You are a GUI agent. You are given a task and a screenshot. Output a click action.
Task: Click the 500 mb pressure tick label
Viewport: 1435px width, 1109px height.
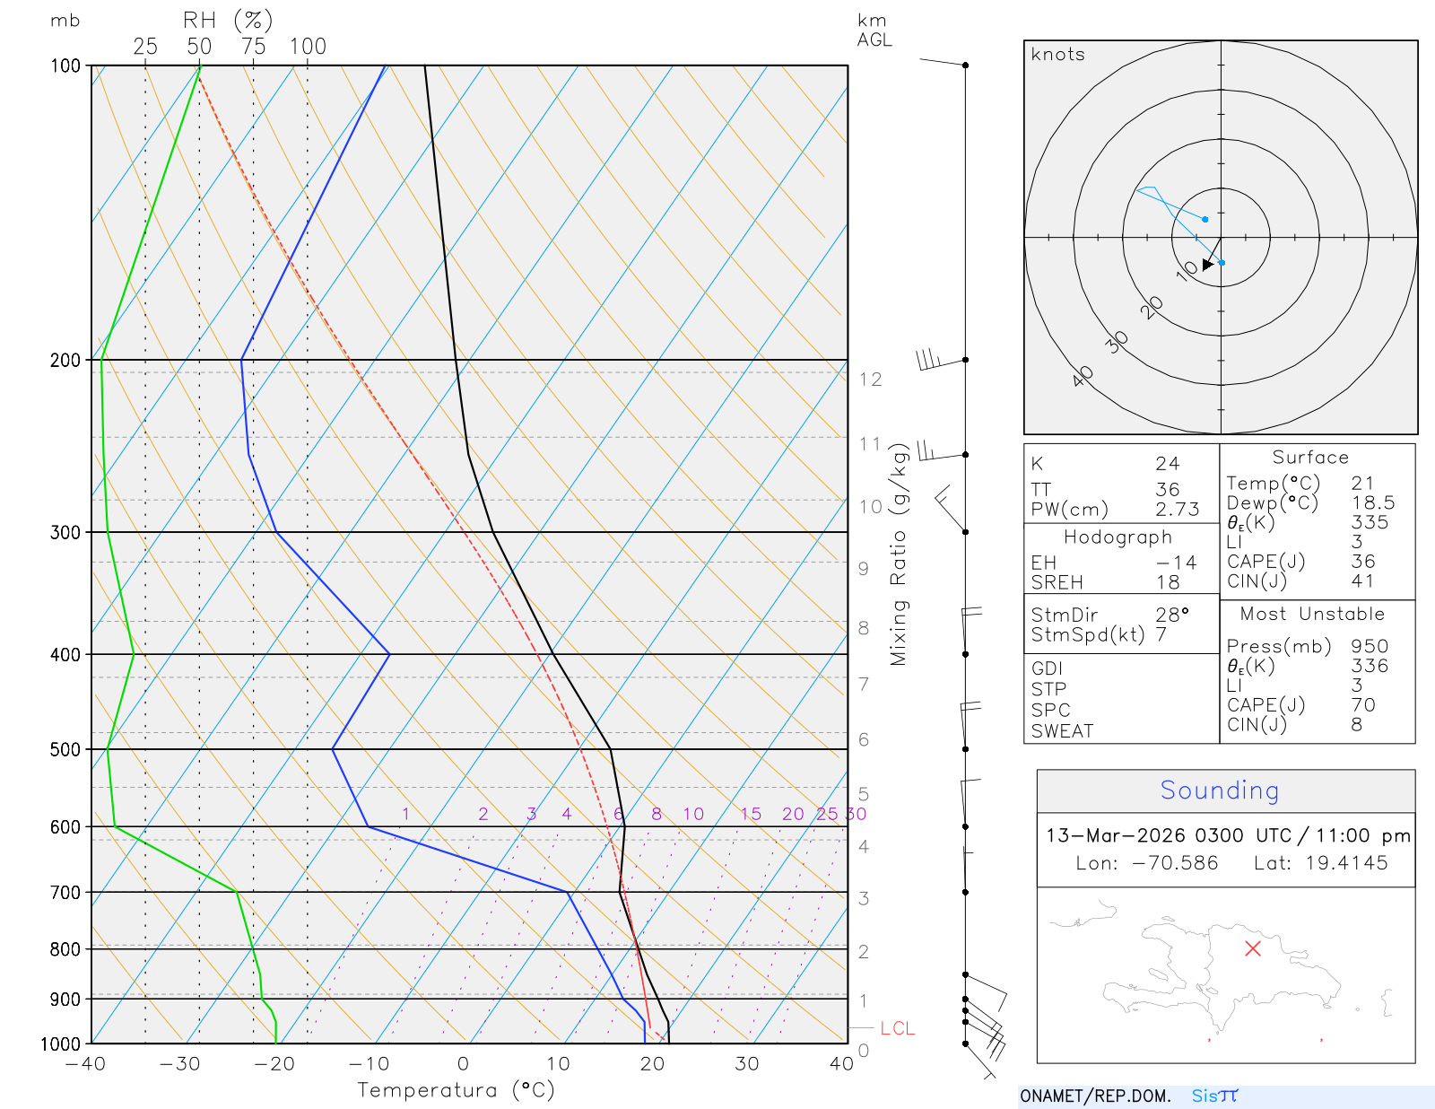[65, 749]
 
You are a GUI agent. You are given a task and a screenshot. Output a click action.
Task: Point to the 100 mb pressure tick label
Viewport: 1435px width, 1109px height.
[65, 65]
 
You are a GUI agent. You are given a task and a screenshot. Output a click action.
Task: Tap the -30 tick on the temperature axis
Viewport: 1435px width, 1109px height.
[179, 1064]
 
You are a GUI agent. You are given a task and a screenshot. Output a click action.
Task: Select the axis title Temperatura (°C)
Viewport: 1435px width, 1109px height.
[456, 1090]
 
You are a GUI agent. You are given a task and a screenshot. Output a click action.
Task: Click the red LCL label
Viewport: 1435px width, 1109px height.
[897, 1028]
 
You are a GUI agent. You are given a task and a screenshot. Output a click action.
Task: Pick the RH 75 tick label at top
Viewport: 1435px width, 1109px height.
[254, 47]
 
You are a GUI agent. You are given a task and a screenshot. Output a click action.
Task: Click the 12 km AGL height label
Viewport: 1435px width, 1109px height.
[870, 380]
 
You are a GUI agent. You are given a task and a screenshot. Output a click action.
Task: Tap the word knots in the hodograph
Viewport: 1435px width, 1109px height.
[1058, 55]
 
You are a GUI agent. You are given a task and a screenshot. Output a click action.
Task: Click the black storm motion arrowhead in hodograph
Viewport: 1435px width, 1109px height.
[1208, 264]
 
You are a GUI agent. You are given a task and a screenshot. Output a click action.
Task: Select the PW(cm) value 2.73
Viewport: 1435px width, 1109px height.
[1177, 510]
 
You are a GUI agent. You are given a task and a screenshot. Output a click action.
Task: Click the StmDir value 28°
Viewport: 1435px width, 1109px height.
[1171, 615]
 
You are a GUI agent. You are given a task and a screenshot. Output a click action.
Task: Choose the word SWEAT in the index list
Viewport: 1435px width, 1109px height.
[1062, 731]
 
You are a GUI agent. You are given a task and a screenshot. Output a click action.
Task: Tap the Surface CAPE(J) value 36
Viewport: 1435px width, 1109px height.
[1363, 562]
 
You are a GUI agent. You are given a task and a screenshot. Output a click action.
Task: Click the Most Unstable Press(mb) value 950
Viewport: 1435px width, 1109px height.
[1370, 646]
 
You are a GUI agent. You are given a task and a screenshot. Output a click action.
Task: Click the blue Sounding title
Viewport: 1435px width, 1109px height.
[1220, 790]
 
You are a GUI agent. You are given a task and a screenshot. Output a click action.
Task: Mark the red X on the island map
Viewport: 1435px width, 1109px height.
[1253, 948]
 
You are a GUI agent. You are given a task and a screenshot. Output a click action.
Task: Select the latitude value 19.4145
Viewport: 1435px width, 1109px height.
[1346, 863]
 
